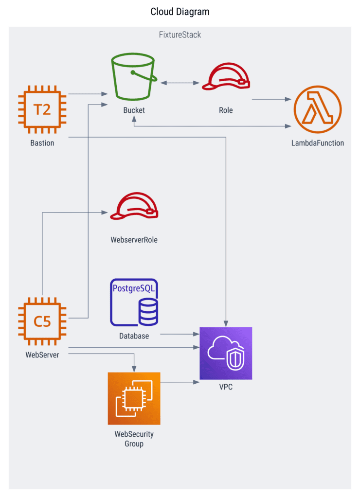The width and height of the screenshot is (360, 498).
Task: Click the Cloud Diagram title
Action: [180, 12]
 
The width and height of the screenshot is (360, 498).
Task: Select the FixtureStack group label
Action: [180, 35]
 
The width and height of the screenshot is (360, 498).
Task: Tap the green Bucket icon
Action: [134, 78]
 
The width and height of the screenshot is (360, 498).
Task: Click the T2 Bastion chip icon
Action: [42, 110]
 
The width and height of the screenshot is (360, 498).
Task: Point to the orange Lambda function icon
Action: [318, 110]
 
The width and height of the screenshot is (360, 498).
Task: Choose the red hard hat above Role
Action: [226, 78]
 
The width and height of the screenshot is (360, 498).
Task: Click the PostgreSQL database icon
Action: [134, 302]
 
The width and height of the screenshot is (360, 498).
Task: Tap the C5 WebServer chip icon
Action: [42, 321]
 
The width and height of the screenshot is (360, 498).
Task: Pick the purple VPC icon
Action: [226, 353]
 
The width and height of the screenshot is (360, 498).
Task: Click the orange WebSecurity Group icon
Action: [134, 398]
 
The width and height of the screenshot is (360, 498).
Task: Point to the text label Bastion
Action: [42, 143]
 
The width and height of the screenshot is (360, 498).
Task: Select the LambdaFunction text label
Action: [318, 143]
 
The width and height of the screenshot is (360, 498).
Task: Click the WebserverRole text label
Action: [134, 240]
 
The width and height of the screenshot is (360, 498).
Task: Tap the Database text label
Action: [134, 336]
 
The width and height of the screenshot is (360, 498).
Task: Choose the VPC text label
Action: [226, 387]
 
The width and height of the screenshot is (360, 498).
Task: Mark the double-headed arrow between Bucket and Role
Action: [180, 84]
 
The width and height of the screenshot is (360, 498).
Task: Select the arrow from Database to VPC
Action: [180, 334]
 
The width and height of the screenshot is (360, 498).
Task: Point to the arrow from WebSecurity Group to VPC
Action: [180, 382]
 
